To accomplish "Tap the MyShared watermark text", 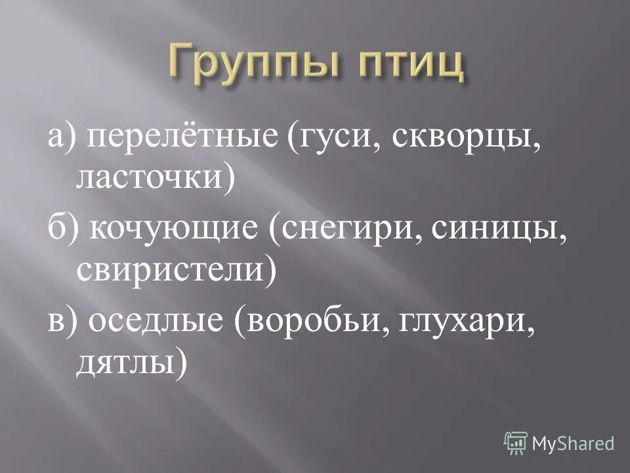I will click(x=573, y=443).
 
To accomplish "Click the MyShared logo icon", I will click(x=516, y=443).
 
